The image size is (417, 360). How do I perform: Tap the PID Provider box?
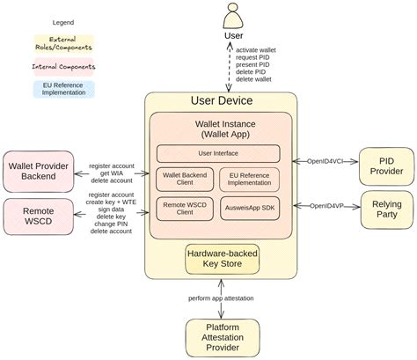tap(385, 165)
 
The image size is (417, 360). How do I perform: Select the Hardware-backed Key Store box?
tap(221, 261)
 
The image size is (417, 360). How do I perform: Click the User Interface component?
tap(218, 153)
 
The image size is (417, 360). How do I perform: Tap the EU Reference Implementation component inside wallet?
tap(249, 180)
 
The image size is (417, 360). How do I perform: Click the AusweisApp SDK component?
tap(249, 209)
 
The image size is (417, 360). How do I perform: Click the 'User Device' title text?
tap(221, 100)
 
